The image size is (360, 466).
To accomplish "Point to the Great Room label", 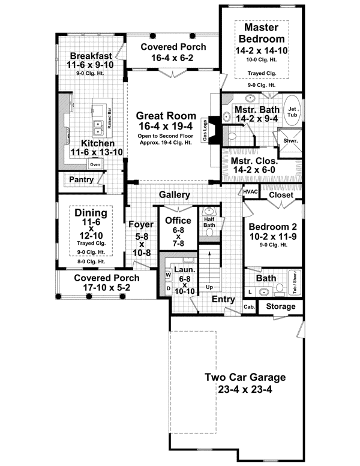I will [x=166, y=116].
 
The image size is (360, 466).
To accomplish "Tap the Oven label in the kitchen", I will [x=94, y=164].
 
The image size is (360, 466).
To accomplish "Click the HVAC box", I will [x=250, y=191].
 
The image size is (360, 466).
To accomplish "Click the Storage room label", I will [x=280, y=306].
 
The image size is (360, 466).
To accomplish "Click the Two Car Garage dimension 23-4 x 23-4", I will [x=245, y=389].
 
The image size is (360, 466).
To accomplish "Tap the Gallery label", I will [x=175, y=195].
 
